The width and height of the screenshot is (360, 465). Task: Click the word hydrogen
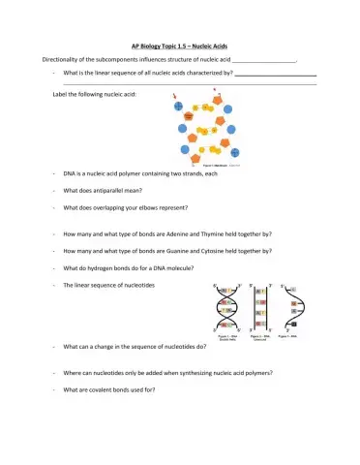point(101,267)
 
